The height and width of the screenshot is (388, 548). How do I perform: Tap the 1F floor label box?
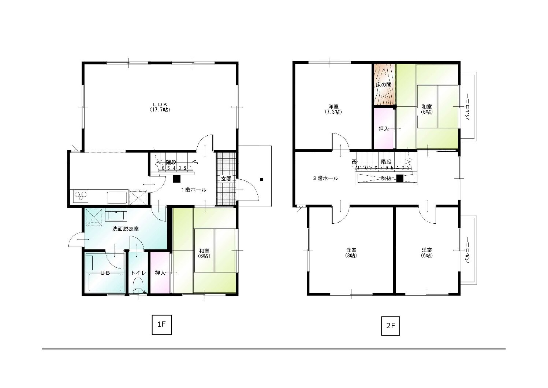162,325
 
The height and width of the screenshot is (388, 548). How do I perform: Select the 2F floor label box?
391,326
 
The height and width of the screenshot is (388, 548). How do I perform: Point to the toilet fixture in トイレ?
138,285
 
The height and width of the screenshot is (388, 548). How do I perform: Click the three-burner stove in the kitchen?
81,196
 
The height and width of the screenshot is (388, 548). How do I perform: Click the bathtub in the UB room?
105,282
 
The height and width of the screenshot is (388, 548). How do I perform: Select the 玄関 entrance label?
226,179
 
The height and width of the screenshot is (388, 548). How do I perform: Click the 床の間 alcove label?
383,85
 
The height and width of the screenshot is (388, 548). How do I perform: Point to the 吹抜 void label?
386,179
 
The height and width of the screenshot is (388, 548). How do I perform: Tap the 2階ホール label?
326,179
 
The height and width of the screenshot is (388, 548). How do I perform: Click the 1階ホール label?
194,190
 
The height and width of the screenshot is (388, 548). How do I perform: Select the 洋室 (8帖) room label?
351,253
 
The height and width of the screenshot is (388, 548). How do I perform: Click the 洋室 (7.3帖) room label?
333,109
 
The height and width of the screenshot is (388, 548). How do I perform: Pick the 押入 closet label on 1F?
160,273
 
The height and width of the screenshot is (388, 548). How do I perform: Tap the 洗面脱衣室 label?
126,229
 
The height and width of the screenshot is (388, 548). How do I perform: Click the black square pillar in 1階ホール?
177,179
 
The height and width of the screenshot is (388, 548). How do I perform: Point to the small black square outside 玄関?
262,180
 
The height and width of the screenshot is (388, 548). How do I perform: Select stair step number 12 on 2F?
354,168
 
